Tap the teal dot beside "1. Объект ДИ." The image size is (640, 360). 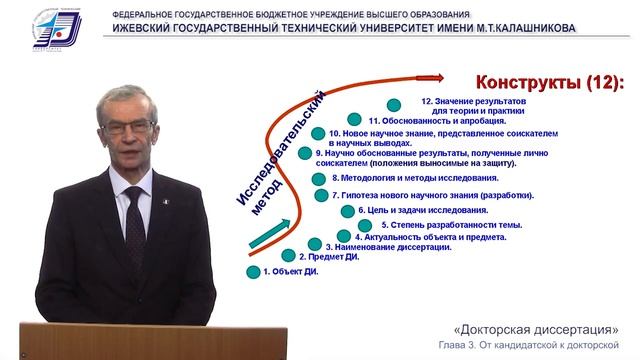[253, 271]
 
